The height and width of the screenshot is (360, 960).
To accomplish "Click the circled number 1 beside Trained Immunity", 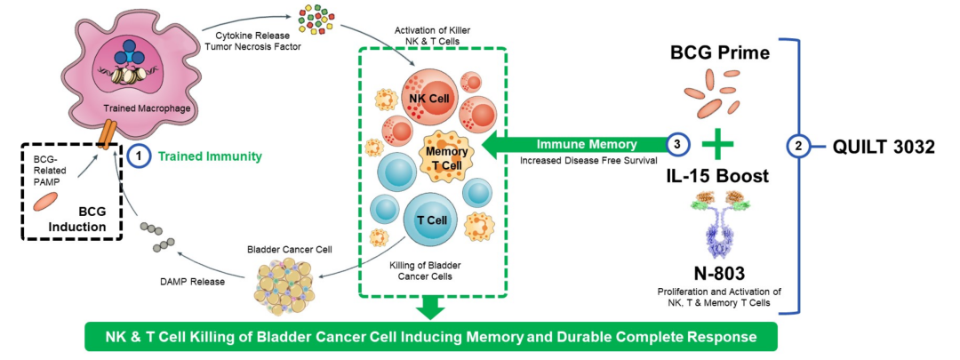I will tap(137, 156).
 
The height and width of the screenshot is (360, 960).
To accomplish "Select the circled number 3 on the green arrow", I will tap(678, 144).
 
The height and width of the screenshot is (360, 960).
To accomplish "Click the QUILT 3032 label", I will tap(883, 147).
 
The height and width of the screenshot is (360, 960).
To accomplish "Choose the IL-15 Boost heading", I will tap(717, 176).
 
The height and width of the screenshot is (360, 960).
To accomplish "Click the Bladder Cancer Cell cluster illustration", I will tap(292, 283).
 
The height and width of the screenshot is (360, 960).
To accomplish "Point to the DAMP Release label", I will tap(191, 281).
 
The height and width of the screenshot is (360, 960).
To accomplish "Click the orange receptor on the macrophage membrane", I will tap(107, 135).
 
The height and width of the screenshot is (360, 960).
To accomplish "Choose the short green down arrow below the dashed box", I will tap(431, 306).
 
